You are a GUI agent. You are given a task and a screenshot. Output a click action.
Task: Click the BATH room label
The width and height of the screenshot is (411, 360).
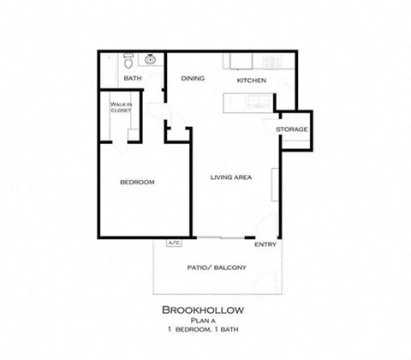[x=132, y=79]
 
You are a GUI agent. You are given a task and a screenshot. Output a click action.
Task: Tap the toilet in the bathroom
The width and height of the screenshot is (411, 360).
[x=128, y=62]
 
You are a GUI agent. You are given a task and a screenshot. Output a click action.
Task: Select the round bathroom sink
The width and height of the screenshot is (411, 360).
[x=151, y=60]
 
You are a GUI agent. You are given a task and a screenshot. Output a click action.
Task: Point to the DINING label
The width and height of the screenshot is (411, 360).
[x=193, y=79]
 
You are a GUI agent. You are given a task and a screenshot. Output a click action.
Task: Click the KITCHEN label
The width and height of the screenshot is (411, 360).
[x=251, y=80]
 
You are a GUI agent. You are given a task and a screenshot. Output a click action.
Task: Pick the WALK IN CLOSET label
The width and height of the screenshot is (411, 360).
[x=119, y=109]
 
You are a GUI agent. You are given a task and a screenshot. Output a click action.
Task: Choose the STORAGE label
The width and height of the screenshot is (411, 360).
[x=292, y=129]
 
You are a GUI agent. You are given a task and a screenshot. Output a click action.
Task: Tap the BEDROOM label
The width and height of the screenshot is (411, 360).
[x=136, y=182]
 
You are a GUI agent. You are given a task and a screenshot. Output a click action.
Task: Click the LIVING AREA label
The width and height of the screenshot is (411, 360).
[x=231, y=177]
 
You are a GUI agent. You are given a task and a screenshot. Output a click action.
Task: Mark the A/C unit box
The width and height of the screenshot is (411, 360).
[x=174, y=243]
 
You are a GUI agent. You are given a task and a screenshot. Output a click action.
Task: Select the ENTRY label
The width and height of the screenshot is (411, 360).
[x=265, y=243]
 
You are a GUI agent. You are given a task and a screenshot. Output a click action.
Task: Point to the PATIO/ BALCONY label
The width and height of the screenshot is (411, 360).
[x=217, y=267]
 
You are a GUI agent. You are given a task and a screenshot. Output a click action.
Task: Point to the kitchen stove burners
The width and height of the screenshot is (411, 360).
[x=271, y=61]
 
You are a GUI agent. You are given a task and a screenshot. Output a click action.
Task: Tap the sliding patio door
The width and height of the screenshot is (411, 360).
[x=220, y=237]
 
